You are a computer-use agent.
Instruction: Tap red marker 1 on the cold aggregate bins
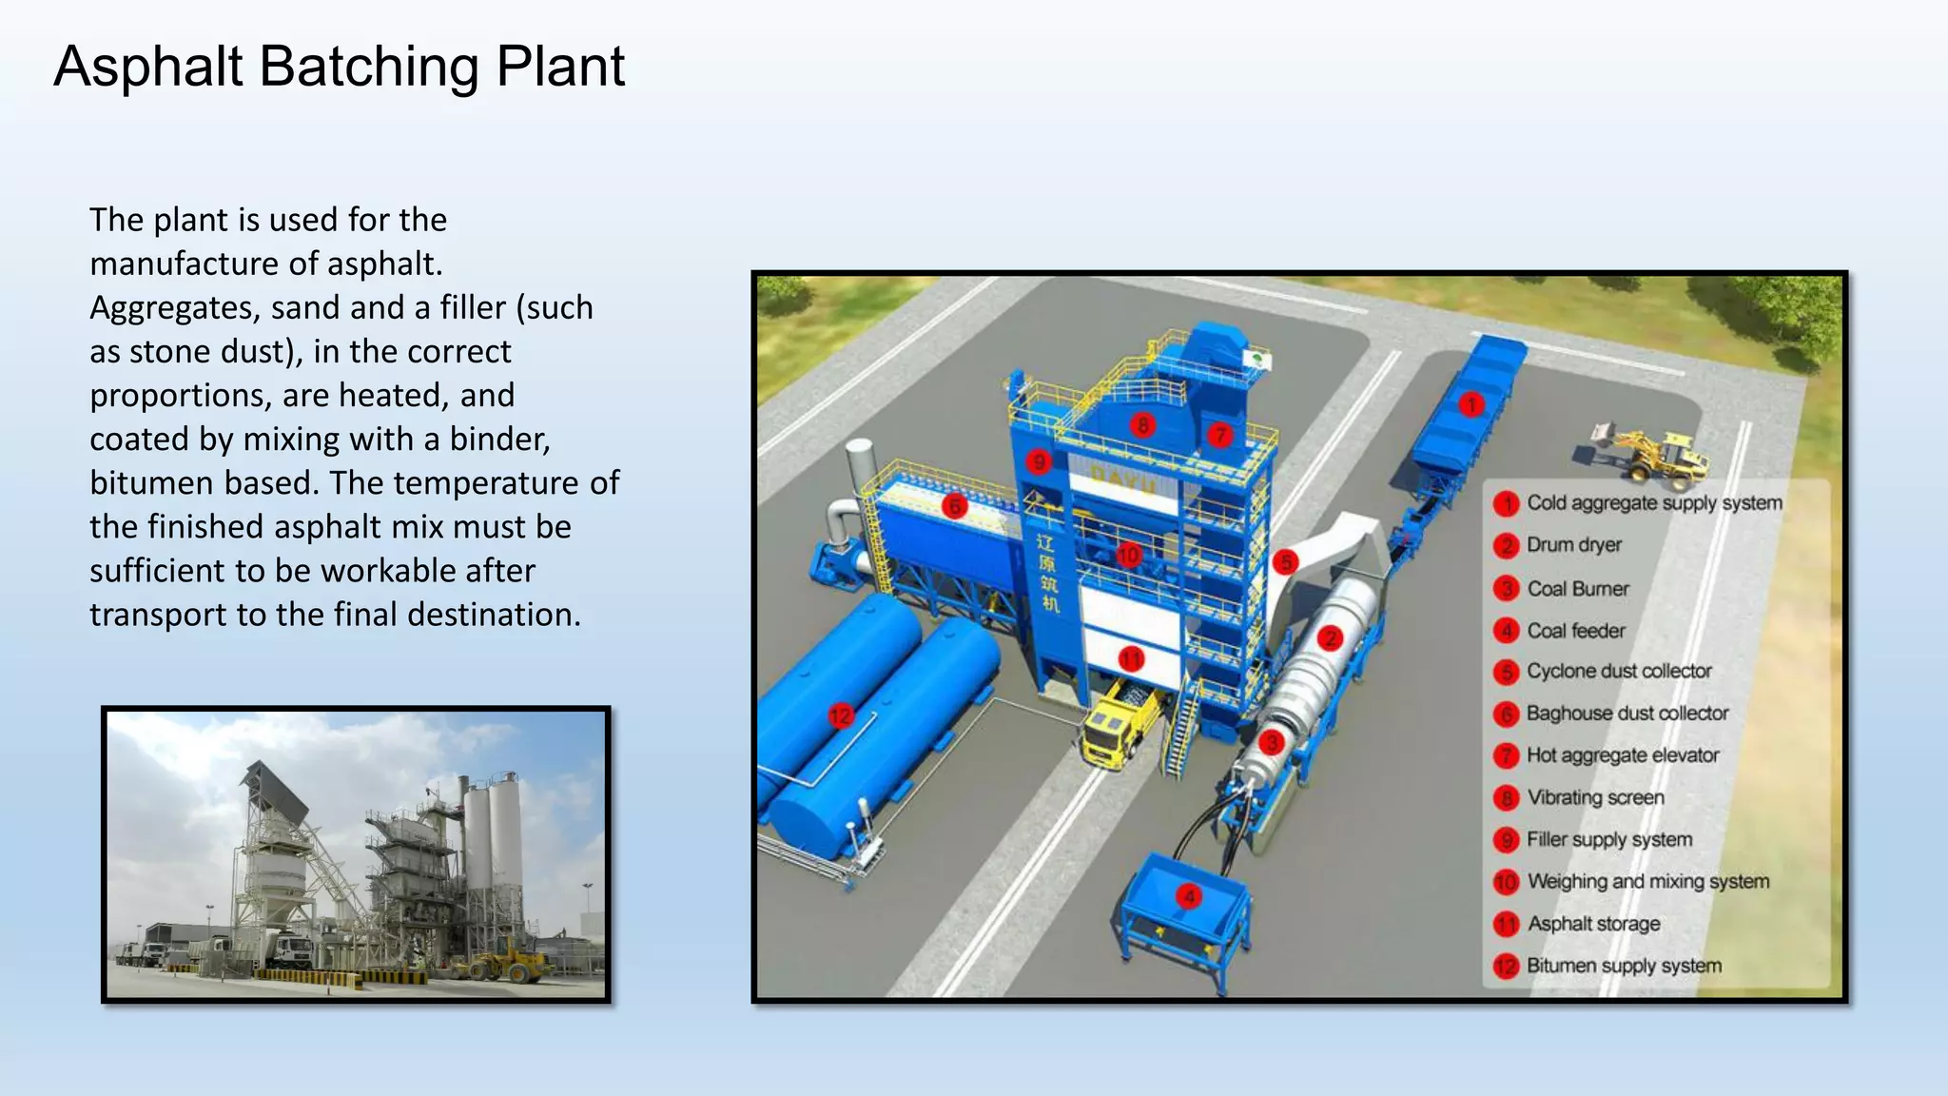[1471, 404]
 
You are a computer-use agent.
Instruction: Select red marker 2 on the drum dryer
[1330, 637]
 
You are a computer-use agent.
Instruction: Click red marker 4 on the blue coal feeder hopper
[1188, 895]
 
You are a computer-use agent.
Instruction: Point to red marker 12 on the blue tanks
[841, 715]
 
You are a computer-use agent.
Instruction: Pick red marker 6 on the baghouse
[955, 505]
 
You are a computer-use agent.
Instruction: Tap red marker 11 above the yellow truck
[1131, 659]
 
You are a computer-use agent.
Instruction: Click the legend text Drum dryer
[1574, 545]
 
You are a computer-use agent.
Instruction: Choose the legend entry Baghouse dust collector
[1627, 714]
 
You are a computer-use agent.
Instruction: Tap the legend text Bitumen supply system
[1624, 966]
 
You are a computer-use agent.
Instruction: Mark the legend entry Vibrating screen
[1595, 797]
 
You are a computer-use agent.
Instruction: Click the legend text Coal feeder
[1576, 631]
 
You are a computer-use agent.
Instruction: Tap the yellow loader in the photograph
[504, 963]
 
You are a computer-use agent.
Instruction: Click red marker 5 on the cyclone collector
[1286, 561]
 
